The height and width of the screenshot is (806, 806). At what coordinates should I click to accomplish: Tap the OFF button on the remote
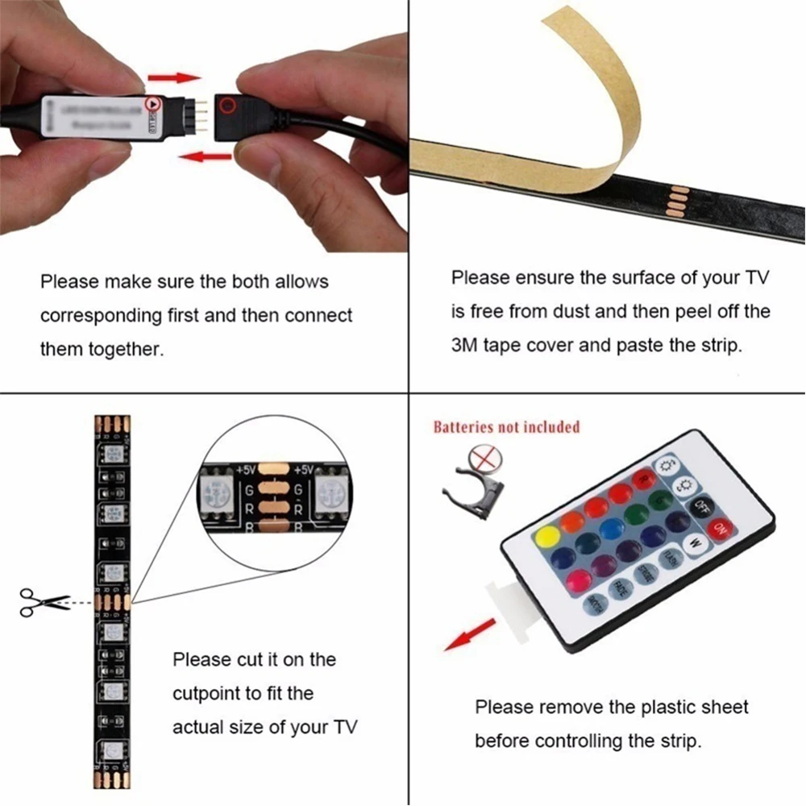click(x=701, y=507)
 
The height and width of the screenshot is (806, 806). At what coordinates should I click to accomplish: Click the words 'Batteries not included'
click(x=506, y=426)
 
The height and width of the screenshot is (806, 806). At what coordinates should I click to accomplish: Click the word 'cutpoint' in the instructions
click(x=202, y=693)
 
